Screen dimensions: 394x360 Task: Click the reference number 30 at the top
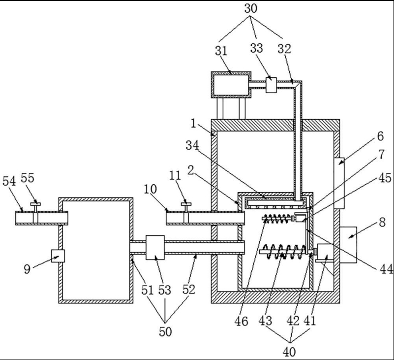pyautogui.click(x=251, y=8)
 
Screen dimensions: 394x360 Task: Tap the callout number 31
pyautogui.click(x=221, y=51)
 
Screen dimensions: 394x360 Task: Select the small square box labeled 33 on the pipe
pyautogui.click(x=271, y=85)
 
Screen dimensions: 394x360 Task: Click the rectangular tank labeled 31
pyautogui.click(x=231, y=85)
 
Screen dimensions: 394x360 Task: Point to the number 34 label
pyautogui.click(x=192, y=145)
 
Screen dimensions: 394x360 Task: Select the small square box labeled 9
pyautogui.click(x=58, y=256)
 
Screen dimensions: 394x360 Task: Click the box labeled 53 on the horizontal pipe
pyautogui.click(x=155, y=248)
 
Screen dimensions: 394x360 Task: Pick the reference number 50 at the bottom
pyautogui.click(x=165, y=332)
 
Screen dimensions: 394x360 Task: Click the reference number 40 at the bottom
pyautogui.click(x=289, y=352)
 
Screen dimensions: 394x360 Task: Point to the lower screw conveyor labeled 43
pyautogui.click(x=283, y=252)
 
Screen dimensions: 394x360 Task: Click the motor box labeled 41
pyautogui.click(x=326, y=252)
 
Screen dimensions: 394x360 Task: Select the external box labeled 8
pyautogui.click(x=348, y=245)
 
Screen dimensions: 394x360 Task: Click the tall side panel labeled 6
pyautogui.click(x=339, y=183)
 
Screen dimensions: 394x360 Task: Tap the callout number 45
pyautogui.click(x=385, y=178)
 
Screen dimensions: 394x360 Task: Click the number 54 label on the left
pyautogui.click(x=9, y=181)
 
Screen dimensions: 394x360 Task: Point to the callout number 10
pyautogui.click(x=150, y=189)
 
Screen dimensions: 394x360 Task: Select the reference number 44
pyautogui.click(x=386, y=269)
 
